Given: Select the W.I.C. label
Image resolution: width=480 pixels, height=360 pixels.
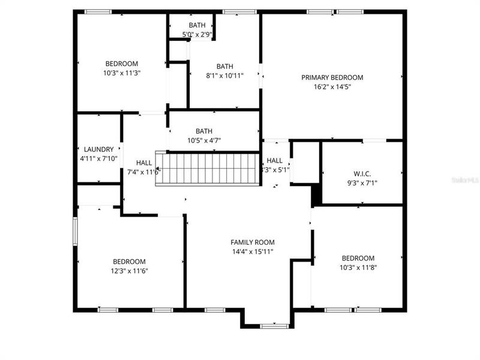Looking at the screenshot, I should (362, 173).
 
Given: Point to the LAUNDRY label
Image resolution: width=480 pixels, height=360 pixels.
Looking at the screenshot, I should (99, 149).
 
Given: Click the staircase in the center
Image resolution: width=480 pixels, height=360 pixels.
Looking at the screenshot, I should (208, 169).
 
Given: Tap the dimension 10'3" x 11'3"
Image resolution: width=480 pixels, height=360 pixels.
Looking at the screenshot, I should (122, 73).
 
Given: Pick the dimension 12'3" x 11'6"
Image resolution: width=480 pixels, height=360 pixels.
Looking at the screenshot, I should (130, 271).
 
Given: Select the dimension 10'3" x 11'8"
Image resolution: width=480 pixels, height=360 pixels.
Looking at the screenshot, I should (357, 268).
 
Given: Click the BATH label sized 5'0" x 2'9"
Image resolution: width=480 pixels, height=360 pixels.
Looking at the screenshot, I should (197, 25).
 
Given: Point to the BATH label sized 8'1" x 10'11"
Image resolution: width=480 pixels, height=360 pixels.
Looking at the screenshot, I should (225, 67).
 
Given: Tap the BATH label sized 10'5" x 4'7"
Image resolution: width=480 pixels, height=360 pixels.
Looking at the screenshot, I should (204, 131).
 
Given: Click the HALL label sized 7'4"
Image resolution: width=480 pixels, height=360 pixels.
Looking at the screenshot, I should (144, 163).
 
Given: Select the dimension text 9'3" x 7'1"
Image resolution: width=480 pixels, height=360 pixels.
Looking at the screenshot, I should (362, 183).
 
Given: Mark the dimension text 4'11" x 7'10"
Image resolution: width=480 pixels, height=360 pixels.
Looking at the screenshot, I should (99, 159).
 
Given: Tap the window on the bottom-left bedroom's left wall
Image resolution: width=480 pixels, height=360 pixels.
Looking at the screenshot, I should (75, 231).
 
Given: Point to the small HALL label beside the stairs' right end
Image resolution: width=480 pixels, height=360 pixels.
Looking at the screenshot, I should (275, 160).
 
